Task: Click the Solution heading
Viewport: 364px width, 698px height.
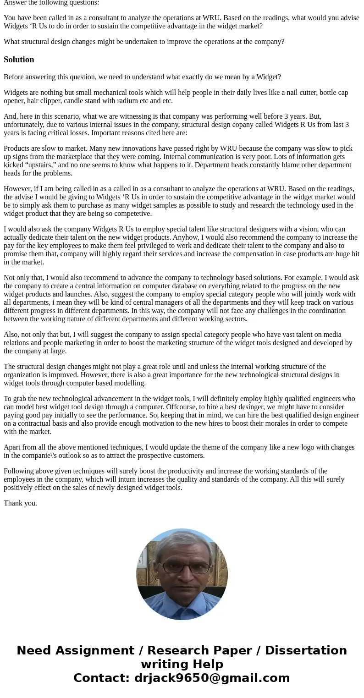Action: tap(19, 60)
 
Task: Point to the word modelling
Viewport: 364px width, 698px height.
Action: tap(130, 383)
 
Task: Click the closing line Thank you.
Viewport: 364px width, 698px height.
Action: tap(20, 503)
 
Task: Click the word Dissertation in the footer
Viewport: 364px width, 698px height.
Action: tap(306, 651)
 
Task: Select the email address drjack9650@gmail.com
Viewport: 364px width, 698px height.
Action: tap(212, 678)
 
